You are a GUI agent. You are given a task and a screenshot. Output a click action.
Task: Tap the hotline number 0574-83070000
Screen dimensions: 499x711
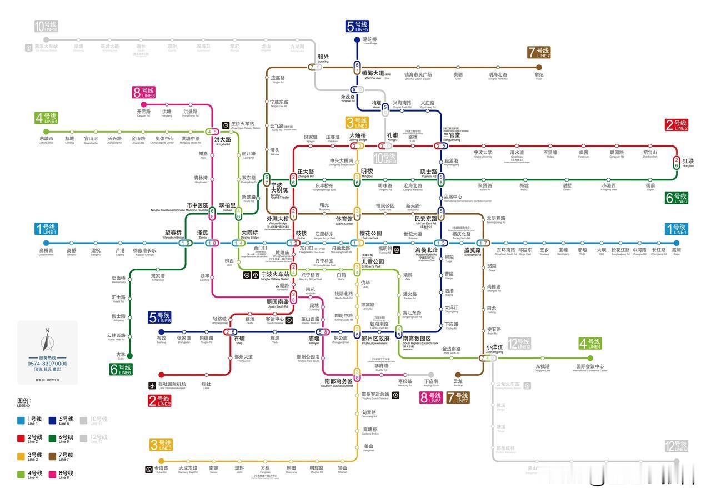click(47, 364)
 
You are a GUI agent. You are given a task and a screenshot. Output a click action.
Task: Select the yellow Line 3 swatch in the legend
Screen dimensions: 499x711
click(21, 456)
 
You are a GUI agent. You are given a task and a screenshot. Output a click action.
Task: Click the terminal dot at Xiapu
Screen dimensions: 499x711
click(677, 243)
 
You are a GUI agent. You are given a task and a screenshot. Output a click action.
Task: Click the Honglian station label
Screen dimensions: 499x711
click(688, 162)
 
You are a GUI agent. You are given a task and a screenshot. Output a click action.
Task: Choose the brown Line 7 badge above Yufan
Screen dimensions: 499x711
click(538, 53)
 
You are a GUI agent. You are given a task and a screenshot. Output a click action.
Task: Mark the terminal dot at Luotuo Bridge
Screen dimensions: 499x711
click(357, 40)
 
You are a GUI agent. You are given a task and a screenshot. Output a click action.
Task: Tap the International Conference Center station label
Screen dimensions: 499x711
click(590, 367)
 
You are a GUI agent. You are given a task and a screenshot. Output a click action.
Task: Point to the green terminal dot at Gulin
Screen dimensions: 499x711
click(130, 356)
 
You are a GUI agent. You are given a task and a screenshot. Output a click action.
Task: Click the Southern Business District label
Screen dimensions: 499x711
click(339, 382)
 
